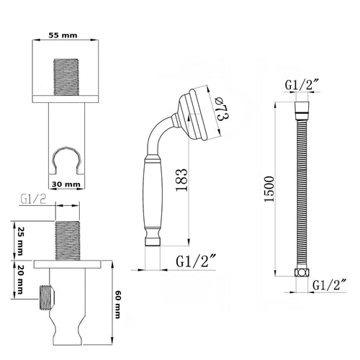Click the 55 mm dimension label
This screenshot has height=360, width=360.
click(x=63, y=35)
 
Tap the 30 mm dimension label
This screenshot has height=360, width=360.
click(x=66, y=184)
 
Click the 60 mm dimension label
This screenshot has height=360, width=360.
click(x=117, y=305)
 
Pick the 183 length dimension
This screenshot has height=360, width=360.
click(x=181, y=180)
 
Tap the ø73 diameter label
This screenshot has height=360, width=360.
click(x=221, y=109)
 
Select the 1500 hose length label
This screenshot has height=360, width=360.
click(x=269, y=189)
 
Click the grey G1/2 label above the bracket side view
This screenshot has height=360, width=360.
click(x=33, y=199)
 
